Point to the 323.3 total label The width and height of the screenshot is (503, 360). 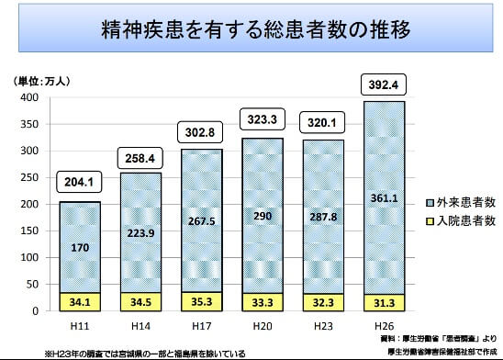(262, 118)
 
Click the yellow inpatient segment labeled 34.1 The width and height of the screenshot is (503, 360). (81, 301)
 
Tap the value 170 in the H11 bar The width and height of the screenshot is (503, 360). (81, 247)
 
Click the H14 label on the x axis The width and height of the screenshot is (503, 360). (140, 326)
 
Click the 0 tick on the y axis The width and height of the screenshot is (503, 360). (34, 310)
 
